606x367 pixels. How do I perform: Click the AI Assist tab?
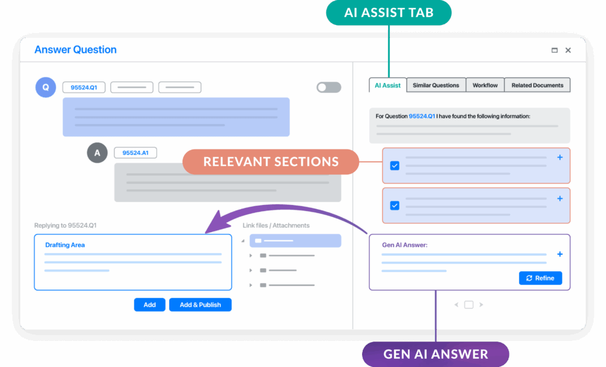coord(388,85)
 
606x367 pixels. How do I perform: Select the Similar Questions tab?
coord(436,85)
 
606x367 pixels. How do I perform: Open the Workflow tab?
coord(485,85)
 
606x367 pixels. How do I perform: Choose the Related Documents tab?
coord(537,85)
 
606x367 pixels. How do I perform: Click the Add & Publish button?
coord(200,304)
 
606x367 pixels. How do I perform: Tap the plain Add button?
coord(150,304)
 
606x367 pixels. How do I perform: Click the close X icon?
coord(568,50)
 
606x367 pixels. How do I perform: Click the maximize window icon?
coord(554,50)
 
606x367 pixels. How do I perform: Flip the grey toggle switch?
coord(328,87)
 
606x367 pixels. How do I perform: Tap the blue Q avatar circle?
coord(46,87)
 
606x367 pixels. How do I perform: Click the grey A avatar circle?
coord(97,153)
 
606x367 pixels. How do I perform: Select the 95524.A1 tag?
coord(136,153)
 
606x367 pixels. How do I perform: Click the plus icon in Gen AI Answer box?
coord(560,254)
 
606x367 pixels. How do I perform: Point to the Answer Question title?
coord(75,50)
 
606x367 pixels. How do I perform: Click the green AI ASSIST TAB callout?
coord(389,12)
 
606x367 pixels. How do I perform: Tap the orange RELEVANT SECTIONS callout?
coord(270,162)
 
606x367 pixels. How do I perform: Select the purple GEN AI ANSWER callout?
coord(436,354)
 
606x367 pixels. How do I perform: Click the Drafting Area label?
coord(65,245)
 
